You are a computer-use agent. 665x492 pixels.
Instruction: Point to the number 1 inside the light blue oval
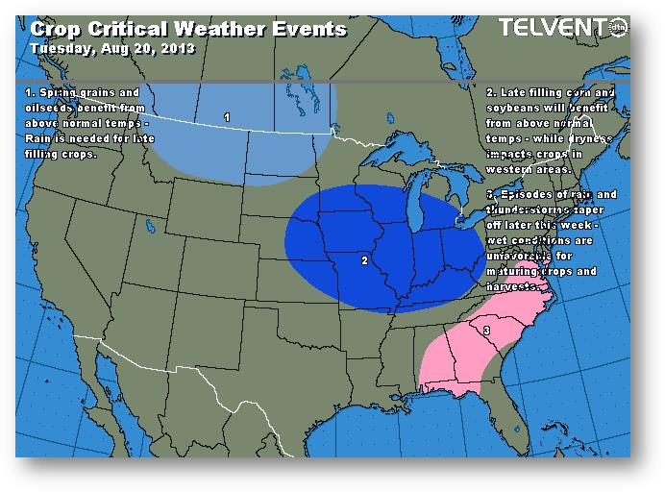(227, 116)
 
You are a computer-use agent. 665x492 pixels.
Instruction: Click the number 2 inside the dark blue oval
(364, 259)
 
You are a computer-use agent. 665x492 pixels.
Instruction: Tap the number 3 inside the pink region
(486, 331)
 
